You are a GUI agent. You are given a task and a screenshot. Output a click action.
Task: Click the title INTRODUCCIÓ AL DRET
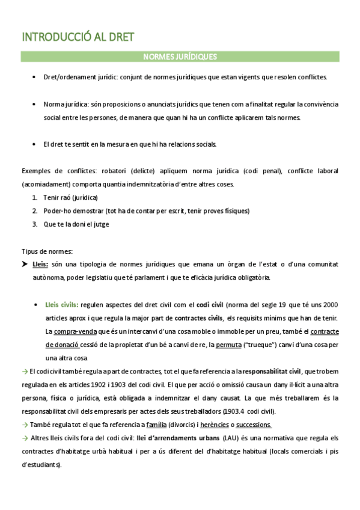pos(78,37)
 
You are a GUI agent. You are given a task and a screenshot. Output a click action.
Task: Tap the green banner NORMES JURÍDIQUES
pos(180,57)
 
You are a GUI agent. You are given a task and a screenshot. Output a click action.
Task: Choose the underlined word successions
pos(262,425)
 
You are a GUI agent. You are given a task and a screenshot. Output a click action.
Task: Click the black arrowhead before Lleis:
pos(25,264)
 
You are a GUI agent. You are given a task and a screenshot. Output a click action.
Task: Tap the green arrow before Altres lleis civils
pos(25,438)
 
